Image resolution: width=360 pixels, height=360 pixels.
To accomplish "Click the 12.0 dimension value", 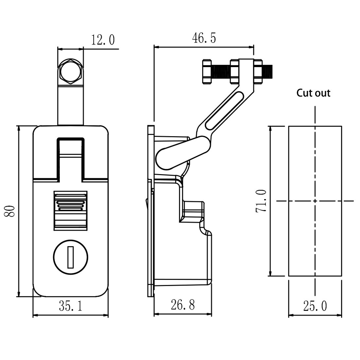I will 103,41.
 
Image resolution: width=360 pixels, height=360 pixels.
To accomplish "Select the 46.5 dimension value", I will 204,38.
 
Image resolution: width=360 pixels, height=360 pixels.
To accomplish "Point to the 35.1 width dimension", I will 70,306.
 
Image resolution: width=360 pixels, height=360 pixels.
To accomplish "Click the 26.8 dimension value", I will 183,305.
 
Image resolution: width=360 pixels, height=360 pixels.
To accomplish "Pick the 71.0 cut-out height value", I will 262,201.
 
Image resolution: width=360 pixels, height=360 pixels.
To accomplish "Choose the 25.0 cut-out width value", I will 315,306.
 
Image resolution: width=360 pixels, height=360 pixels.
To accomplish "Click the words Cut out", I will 313,93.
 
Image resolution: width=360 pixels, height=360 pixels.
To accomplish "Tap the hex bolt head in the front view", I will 70,71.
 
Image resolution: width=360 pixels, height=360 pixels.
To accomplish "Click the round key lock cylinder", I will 70,256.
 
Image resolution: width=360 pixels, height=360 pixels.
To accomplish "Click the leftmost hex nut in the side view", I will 207,71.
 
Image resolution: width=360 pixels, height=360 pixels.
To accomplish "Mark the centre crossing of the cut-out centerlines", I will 315,201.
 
